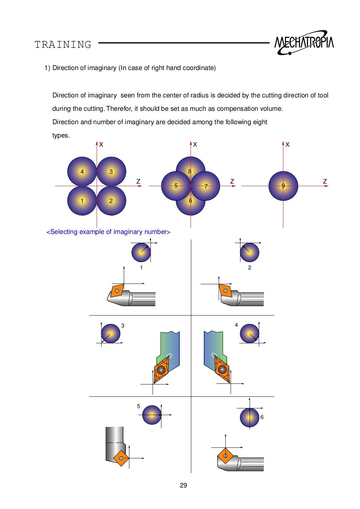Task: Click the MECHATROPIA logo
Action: pyautogui.click(x=304, y=43)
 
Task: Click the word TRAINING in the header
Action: pyautogui.click(x=63, y=45)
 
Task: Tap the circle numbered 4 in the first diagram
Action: pyautogui.click(x=82, y=171)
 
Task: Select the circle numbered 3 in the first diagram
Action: pyautogui.click(x=111, y=171)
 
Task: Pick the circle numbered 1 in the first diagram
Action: pyautogui.click(x=82, y=201)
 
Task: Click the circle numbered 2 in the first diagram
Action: pyautogui.click(x=111, y=201)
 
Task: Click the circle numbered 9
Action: pyautogui.click(x=283, y=186)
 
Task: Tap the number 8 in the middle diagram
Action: pyautogui.click(x=190, y=171)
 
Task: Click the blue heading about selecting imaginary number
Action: pyautogui.click(x=108, y=232)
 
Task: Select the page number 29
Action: pyautogui.click(x=183, y=485)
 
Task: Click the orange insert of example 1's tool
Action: pyautogui.click(x=117, y=291)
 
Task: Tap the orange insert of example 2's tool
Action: pyautogui.click(x=225, y=291)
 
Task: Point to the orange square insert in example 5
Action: pyautogui.click(x=121, y=458)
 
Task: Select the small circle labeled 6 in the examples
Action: pyautogui.click(x=249, y=418)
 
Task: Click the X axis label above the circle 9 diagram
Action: pyautogui.click(x=288, y=145)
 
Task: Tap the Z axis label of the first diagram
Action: pyautogui.click(x=138, y=182)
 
